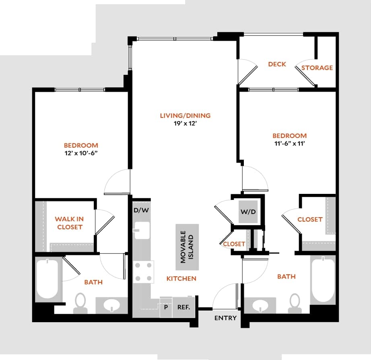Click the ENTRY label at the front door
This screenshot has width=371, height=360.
[225, 318]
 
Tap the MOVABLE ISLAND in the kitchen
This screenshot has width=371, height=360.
[187, 247]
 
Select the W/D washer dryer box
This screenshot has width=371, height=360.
[248, 212]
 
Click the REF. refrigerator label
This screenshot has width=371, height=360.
[184, 307]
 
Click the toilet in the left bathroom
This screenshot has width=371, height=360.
[80, 302]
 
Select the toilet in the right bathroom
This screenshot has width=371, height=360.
[295, 302]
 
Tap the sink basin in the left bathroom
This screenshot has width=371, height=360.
[111, 306]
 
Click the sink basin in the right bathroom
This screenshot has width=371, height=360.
[260, 306]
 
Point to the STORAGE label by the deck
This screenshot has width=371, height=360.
[317, 68]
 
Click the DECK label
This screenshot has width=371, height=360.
[277, 64]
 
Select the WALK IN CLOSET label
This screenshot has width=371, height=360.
[69, 223]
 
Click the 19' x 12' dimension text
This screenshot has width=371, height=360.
[185, 124]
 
